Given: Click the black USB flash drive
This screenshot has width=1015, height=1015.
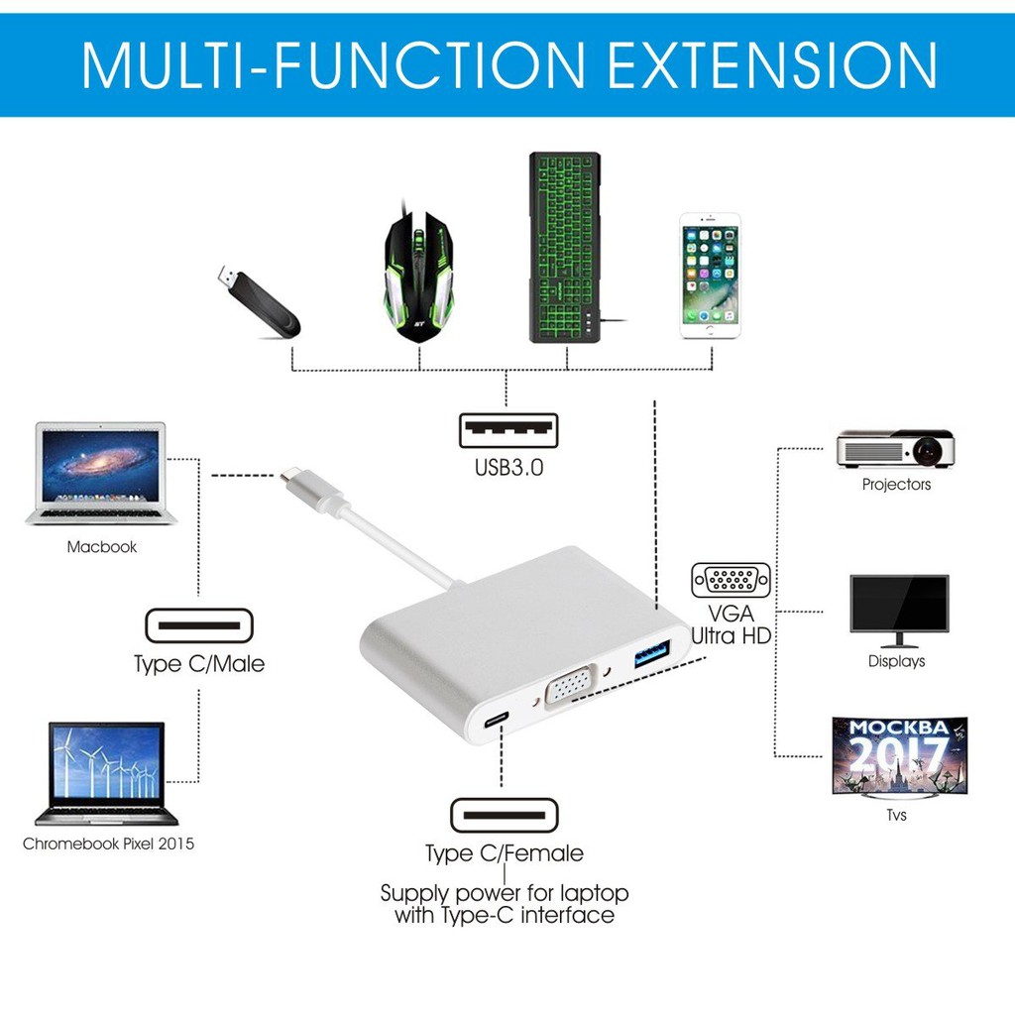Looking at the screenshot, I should click(x=257, y=301).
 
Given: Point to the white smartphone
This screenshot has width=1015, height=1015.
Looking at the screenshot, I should click(x=710, y=276).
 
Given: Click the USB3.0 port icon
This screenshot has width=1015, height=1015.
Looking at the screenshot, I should click(x=507, y=430).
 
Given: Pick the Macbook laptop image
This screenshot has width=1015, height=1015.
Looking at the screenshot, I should click(x=101, y=473).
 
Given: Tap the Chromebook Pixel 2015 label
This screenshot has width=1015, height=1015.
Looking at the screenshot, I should click(x=109, y=845).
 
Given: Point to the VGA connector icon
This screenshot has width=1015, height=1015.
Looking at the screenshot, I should click(x=731, y=580).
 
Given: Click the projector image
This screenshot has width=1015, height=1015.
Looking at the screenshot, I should click(x=895, y=449).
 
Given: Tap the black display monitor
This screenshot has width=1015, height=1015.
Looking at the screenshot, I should click(x=899, y=610).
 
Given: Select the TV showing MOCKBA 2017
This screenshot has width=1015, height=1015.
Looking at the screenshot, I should click(x=899, y=755).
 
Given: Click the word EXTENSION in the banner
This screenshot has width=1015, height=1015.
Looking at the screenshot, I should click(x=771, y=65).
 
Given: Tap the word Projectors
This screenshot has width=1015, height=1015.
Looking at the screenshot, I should click(x=896, y=485).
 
